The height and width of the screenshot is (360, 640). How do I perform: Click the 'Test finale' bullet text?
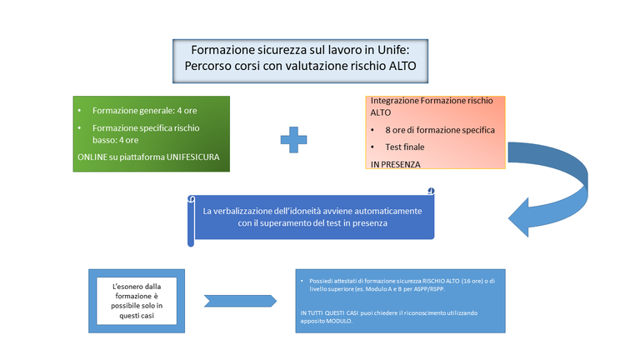(407, 147)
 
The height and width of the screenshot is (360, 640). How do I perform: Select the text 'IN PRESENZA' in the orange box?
(396, 164)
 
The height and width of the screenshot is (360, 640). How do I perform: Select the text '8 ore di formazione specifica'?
(440, 130)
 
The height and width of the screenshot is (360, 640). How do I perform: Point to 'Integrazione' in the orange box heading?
(396, 100)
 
